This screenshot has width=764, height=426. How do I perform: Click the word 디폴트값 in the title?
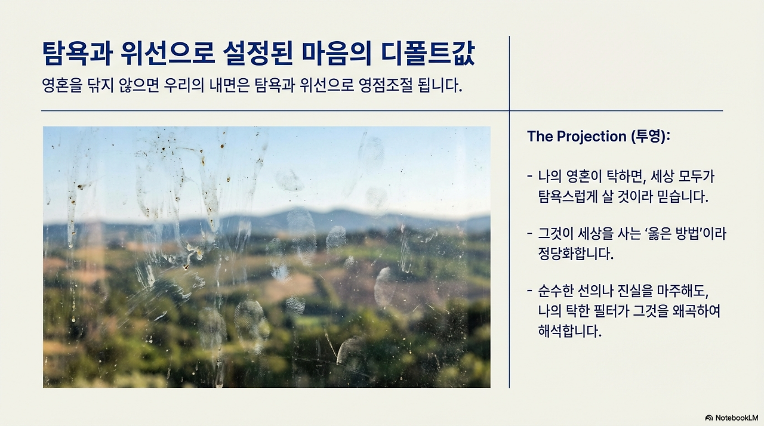(428, 54)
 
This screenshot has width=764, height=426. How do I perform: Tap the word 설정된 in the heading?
(258, 54)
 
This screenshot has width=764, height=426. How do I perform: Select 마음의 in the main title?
(336, 54)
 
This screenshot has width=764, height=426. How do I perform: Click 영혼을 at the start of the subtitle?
(62, 85)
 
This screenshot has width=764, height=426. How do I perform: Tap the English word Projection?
(592, 136)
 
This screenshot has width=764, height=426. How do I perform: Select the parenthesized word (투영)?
(651, 136)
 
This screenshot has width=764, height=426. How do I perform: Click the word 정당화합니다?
(576, 253)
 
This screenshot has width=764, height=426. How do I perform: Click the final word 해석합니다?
(569, 331)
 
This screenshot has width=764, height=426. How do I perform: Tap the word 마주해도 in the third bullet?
(682, 291)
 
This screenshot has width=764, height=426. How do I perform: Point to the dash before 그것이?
(529, 234)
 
